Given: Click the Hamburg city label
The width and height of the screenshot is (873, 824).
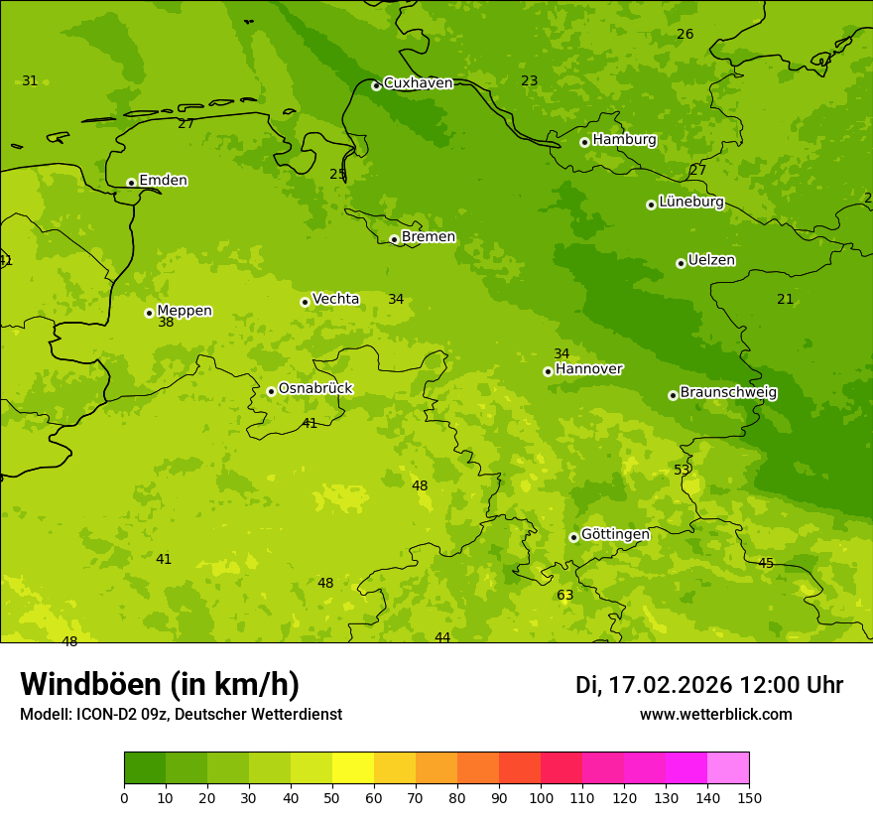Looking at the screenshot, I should pos(624,140).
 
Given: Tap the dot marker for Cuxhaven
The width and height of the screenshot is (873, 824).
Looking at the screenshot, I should pos(376,86).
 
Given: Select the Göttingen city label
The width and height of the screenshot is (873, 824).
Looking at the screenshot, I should pos(615,534).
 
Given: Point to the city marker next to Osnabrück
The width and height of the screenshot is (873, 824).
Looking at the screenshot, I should pos(271,391).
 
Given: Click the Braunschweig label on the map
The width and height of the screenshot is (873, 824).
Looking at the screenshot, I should pos(728,392).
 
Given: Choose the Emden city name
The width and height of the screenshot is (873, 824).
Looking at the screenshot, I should pos(163,180).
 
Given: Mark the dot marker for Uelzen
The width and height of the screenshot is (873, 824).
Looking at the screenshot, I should pos(681,263).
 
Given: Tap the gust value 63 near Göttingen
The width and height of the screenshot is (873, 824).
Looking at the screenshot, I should pos(564,596).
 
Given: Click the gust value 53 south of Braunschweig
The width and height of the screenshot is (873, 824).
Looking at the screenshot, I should pos(682,470).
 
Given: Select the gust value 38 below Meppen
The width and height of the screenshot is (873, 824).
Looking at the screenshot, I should pos(166,323).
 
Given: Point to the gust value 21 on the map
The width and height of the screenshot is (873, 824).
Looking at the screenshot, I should pos(785,299).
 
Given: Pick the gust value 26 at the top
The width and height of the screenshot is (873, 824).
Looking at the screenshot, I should pos(685,35).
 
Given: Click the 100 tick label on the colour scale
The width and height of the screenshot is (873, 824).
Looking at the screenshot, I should pos(541,797).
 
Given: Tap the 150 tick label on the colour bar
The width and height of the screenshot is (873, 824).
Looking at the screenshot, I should pos(749,797).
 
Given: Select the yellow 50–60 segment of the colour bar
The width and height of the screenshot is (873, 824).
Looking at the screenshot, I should pos(353,768).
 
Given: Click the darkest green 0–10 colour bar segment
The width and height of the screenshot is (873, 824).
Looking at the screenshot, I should pos(145,768).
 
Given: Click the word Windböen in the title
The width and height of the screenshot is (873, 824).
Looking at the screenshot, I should pos(90,684).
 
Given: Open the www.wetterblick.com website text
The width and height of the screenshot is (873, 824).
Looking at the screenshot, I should pos(715,715).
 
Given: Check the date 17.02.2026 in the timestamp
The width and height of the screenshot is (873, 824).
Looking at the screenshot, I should pos(670,685).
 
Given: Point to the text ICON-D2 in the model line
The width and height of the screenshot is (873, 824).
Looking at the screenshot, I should pos(106,715).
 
